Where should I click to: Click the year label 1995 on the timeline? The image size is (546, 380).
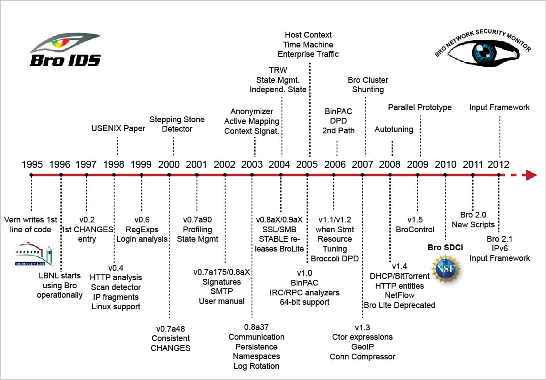[32, 164]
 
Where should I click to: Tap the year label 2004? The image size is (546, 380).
[279, 164]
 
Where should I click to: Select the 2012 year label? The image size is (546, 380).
[498, 164]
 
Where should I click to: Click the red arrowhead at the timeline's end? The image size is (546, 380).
[531, 175]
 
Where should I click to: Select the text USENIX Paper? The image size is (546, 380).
[118, 129]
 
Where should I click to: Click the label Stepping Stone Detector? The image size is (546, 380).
[177, 124]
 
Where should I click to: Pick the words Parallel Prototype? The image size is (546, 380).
[420, 107]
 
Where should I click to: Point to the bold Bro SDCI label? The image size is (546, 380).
[445, 247]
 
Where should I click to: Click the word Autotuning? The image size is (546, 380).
[394, 130]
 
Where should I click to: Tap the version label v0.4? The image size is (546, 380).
[115, 268]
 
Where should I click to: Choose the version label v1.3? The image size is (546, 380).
[363, 327]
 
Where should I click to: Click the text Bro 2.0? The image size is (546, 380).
[473, 215]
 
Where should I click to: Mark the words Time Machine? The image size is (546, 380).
[308, 44]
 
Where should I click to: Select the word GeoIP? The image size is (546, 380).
[363, 346]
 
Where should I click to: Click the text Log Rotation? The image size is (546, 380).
[256, 366]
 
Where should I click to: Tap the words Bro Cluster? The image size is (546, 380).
[368, 80]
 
